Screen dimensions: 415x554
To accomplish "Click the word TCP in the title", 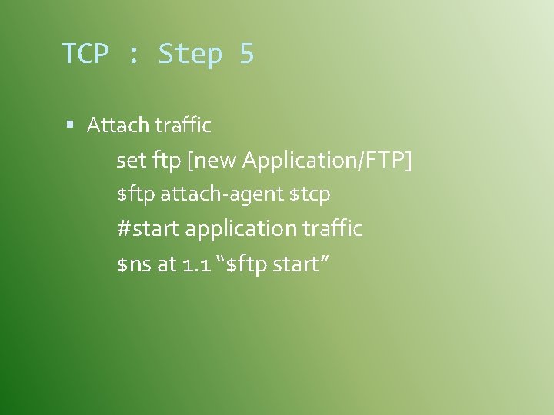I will click(x=85, y=55).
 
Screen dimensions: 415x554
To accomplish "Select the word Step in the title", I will click(x=189, y=55).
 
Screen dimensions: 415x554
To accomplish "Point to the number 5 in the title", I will click(x=246, y=55).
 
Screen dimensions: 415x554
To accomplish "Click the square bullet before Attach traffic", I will click(x=71, y=124).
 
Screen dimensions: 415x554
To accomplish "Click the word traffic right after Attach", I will click(x=183, y=124).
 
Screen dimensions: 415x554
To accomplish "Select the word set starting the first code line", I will click(x=131, y=161).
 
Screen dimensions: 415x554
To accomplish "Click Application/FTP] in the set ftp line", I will click(x=328, y=161).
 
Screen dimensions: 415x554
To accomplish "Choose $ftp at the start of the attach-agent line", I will click(x=135, y=195).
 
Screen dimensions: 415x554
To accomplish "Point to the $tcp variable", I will click(x=309, y=195).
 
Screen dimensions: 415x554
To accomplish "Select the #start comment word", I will click(x=149, y=229).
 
